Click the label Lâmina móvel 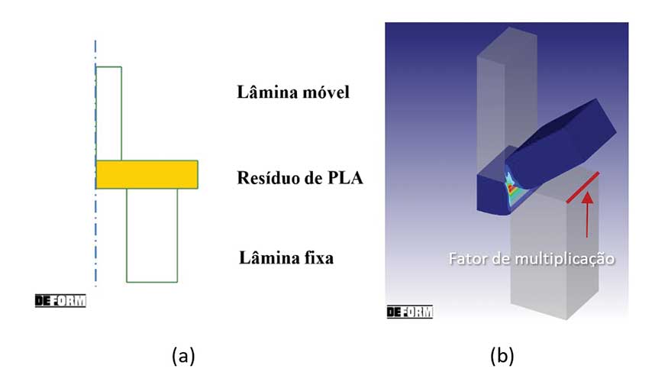click(293, 93)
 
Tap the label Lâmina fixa click(286, 257)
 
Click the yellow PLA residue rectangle click(147, 174)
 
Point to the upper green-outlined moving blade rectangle click(108, 113)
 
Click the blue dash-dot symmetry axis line click(95, 229)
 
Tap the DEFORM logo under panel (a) click(60, 300)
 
